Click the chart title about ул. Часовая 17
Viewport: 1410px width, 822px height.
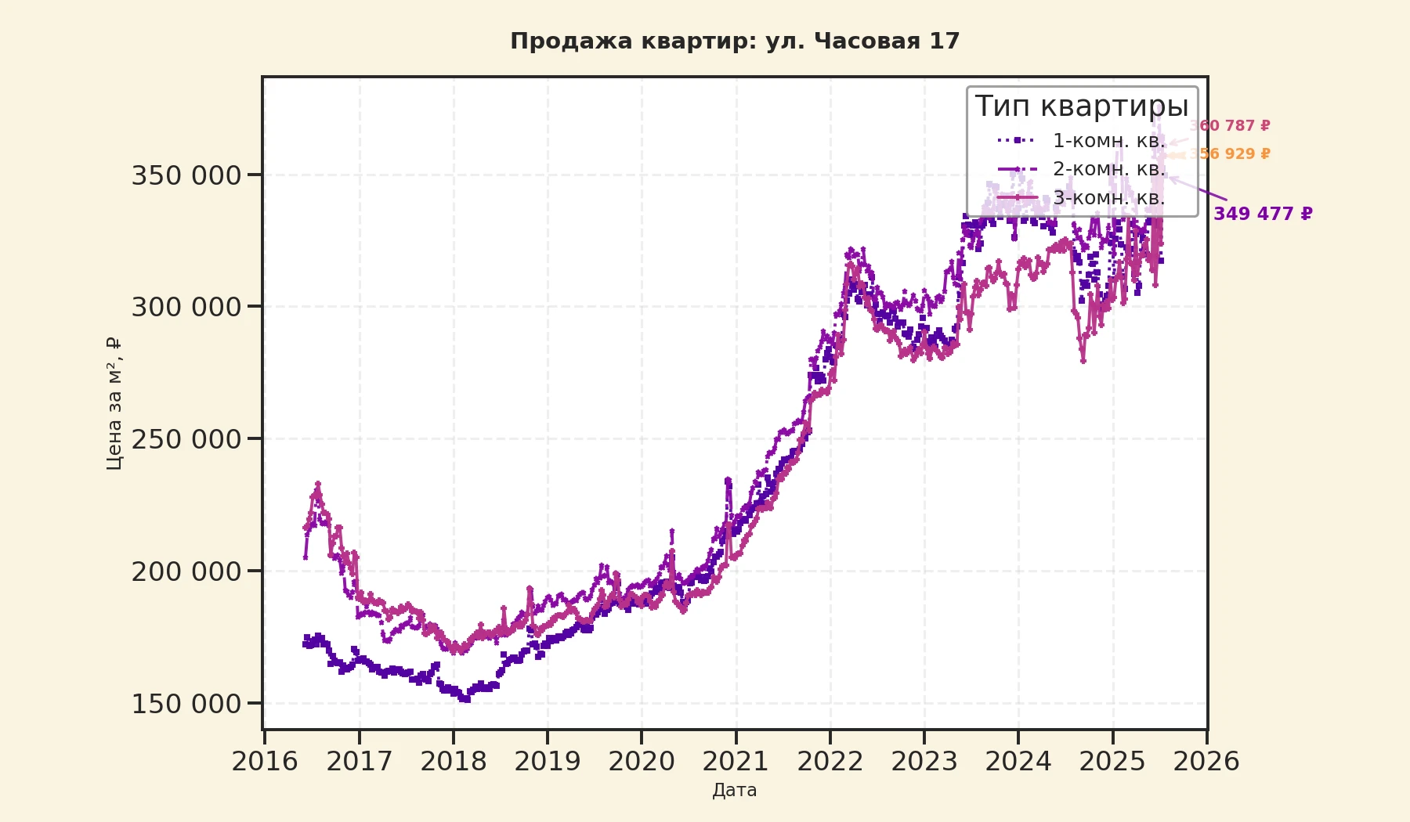(735, 41)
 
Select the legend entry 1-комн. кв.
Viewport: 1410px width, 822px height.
(1108, 141)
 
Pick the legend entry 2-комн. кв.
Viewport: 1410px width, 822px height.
(1108, 169)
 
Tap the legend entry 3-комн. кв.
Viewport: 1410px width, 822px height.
(1108, 198)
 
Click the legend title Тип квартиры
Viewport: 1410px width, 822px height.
(1082, 106)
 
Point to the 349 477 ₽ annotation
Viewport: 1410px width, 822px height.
(1263, 214)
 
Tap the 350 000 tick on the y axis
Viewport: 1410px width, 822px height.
(186, 175)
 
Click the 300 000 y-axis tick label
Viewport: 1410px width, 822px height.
(186, 307)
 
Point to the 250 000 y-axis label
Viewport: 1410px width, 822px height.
(186, 439)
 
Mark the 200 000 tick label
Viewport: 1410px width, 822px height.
(186, 571)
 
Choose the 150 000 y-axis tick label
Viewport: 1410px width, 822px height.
(186, 704)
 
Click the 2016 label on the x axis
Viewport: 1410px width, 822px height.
(265, 761)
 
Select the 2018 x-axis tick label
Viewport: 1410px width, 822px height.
(453, 761)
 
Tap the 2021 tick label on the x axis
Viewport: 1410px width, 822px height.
(736, 761)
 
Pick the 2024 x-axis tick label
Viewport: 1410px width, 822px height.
(1018, 761)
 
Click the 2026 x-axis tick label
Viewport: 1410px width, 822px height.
(1206, 761)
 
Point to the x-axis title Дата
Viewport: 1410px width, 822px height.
(735, 790)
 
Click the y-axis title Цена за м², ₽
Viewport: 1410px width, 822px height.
(114, 403)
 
